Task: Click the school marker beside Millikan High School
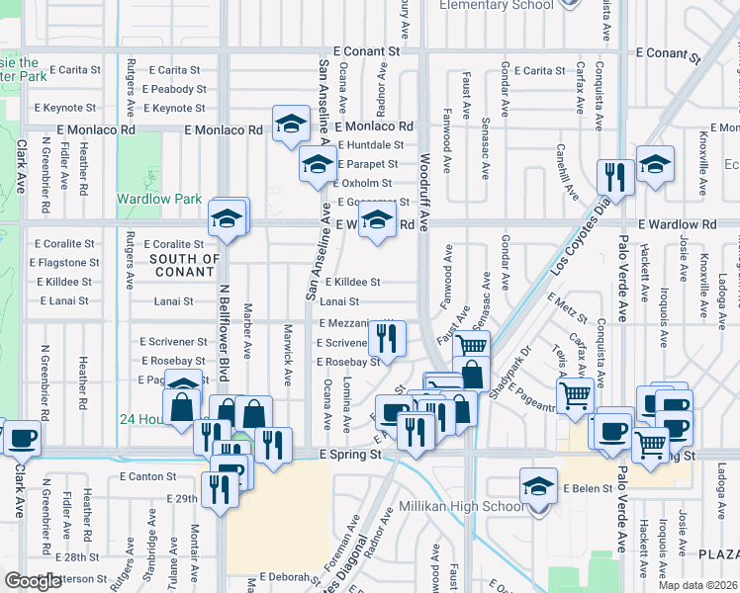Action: coord(538,488)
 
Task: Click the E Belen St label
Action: coord(589,489)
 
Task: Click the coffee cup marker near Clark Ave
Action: coord(22,436)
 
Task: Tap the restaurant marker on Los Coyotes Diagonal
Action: coord(615,178)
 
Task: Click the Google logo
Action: coord(33,581)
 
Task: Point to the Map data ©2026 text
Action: coord(697,585)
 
